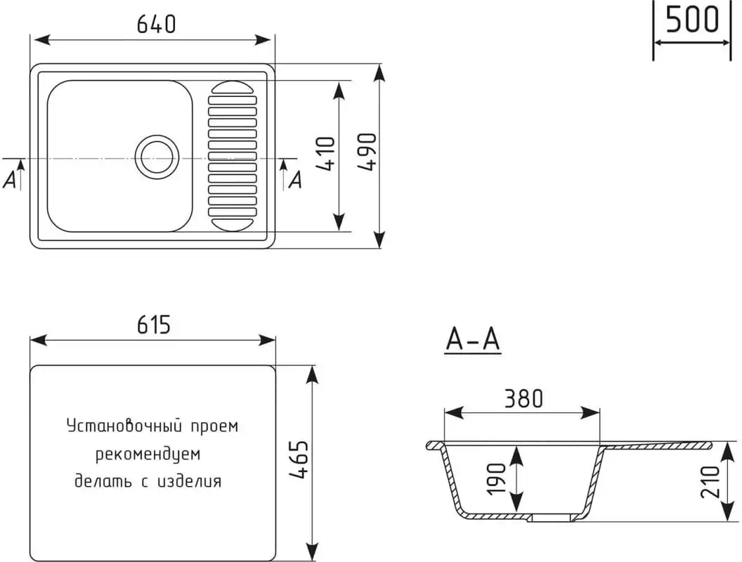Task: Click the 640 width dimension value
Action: [x=156, y=25]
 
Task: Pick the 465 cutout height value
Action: [x=299, y=461]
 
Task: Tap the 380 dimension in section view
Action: [x=523, y=398]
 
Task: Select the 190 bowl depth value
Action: [x=496, y=479]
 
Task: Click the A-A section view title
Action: [x=473, y=340]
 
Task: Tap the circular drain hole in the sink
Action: [x=156, y=155]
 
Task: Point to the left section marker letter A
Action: [x=10, y=181]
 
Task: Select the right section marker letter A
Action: [x=295, y=180]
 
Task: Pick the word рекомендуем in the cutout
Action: [x=148, y=455]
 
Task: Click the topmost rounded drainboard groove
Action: [x=232, y=88]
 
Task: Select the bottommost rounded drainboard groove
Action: [x=232, y=223]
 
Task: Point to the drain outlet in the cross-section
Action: [x=552, y=518]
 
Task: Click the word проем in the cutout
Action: [x=214, y=426]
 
